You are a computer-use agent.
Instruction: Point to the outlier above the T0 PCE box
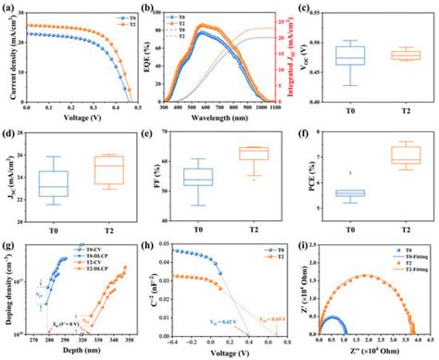tap(349, 173)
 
